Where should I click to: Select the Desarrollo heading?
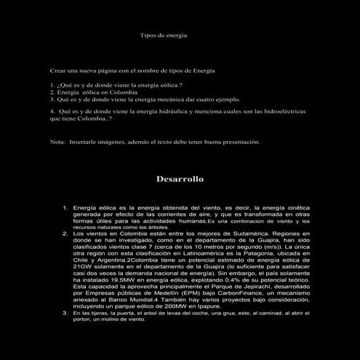[180, 178]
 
